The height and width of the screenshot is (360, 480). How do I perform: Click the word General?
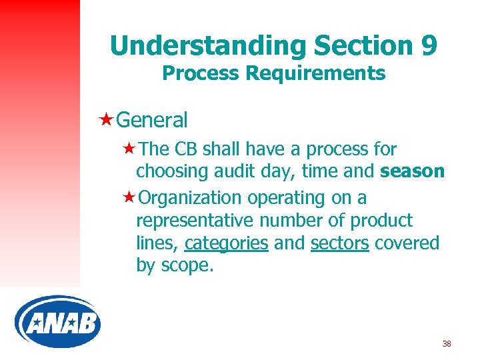152,121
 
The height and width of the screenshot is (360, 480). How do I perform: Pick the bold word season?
412,171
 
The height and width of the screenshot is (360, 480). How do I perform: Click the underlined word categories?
227,243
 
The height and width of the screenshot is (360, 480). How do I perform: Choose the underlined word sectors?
339,243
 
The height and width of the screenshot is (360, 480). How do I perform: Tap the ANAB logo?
58,322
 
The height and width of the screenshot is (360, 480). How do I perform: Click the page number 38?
447,344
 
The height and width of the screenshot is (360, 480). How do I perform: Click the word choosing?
172,172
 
